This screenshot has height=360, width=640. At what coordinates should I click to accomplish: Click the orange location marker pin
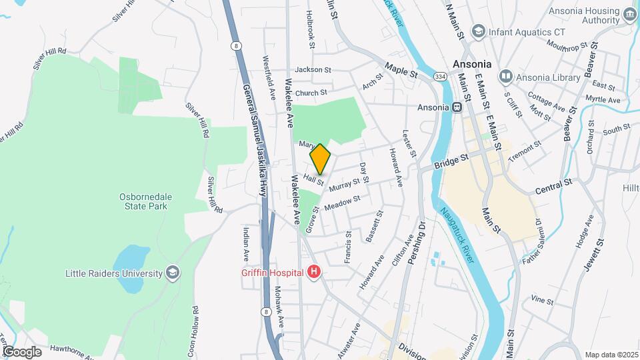click(x=321, y=159)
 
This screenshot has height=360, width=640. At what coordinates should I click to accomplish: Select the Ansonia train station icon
click(x=458, y=107)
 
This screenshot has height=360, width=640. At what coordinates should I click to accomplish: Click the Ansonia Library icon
click(x=506, y=77)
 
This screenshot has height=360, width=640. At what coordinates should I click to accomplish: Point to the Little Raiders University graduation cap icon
click(x=173, y=273)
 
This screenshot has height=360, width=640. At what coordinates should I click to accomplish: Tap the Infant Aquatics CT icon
click(x=478, y=31)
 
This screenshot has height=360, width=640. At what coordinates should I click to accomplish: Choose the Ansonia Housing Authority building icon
click(x=629, y=15)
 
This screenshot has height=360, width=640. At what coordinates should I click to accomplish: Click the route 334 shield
click(x=440, y=77)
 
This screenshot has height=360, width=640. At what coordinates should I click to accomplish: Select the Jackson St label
click(x=313, y=69)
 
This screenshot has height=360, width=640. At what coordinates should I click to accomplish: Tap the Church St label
click(x=311, y=93)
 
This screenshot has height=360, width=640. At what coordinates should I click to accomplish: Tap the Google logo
click(x=23, y=351)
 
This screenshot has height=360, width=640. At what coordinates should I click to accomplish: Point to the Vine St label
click(x=543, y=301)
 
